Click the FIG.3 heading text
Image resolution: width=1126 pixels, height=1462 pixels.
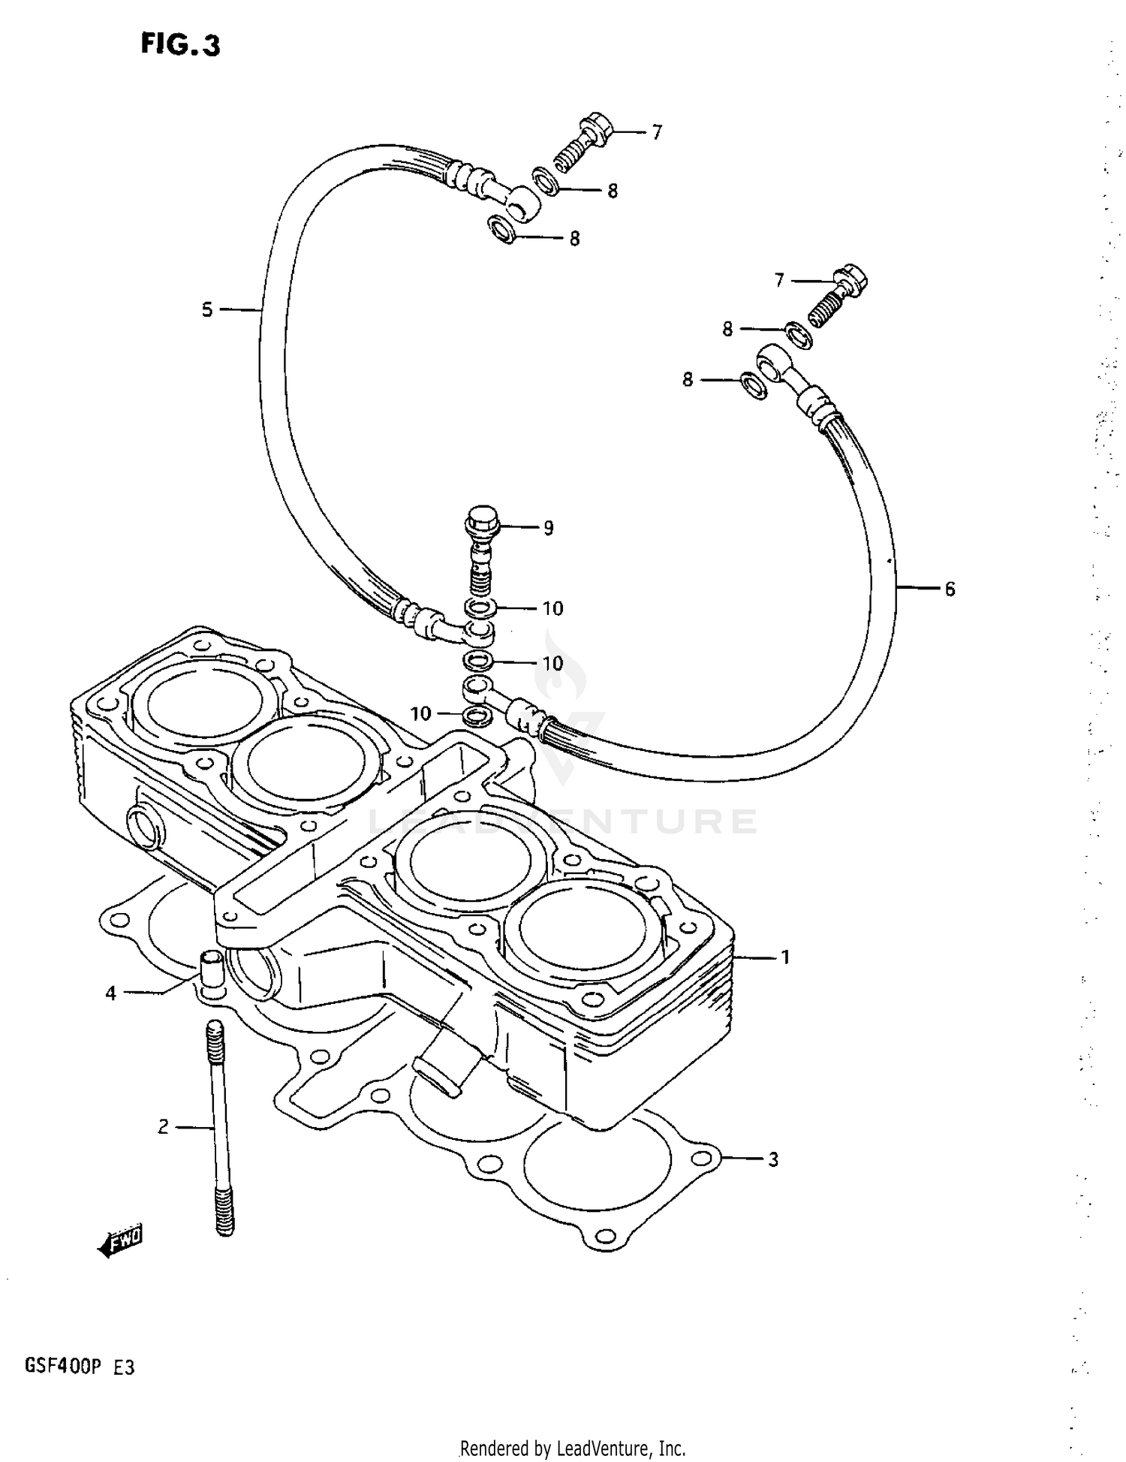(180, 45)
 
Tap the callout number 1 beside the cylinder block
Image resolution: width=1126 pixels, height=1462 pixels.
(785, 957)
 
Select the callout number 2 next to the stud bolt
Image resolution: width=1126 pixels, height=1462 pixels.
(163, 1126)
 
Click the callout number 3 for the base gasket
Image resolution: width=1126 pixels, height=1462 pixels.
(773, 1159)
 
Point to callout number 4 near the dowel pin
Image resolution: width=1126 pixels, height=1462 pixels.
(111, 993)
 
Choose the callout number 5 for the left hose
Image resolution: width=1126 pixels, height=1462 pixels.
(207, 309)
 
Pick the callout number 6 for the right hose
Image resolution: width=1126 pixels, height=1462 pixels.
(950, 589)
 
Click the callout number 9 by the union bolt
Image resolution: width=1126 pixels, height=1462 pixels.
(549, 528)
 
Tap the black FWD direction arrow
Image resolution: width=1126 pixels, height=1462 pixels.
(120, 1243)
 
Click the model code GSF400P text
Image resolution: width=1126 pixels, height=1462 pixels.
(62, 1367)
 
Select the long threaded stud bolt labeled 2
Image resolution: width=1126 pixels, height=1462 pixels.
(220, 1126)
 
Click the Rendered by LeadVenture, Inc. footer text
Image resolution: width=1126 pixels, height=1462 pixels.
(572, 1448)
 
